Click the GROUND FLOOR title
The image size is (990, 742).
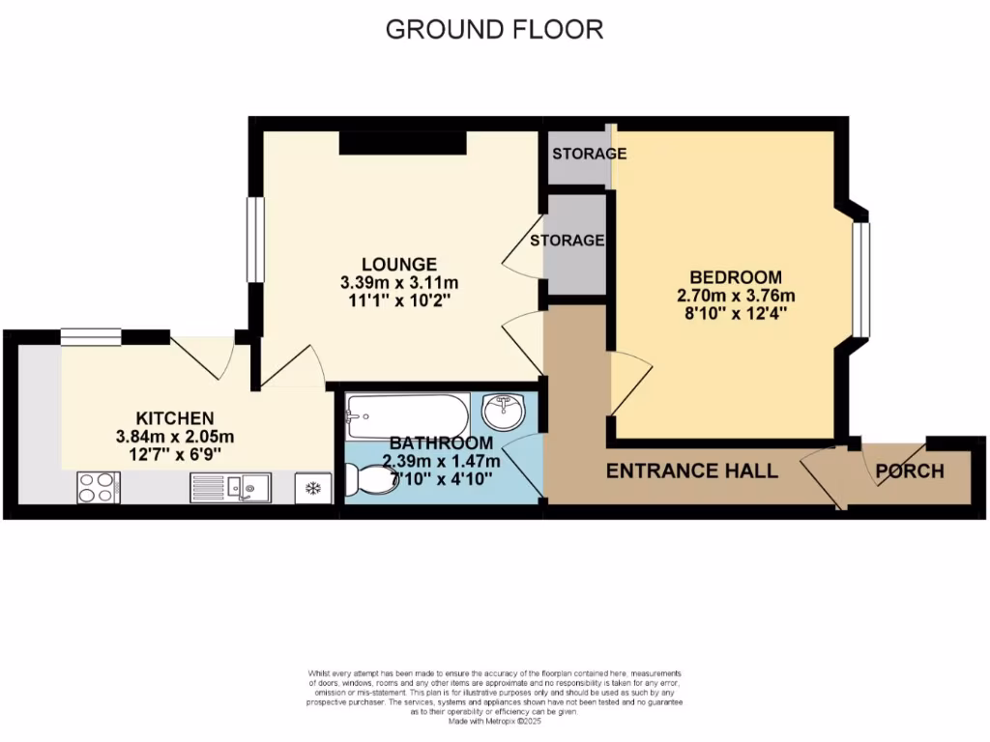494,29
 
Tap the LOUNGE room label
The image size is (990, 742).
398,264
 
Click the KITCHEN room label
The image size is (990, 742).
174,418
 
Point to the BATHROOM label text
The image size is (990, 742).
441,442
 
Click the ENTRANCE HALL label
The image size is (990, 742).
691,471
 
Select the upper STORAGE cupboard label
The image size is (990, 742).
589,154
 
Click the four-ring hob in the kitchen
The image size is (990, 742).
98,486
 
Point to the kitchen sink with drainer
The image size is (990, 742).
231,488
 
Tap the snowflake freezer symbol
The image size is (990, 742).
313,488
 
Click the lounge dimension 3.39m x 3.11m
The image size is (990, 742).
398,283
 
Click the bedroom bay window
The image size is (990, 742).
860,280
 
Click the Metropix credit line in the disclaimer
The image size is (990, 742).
494,721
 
